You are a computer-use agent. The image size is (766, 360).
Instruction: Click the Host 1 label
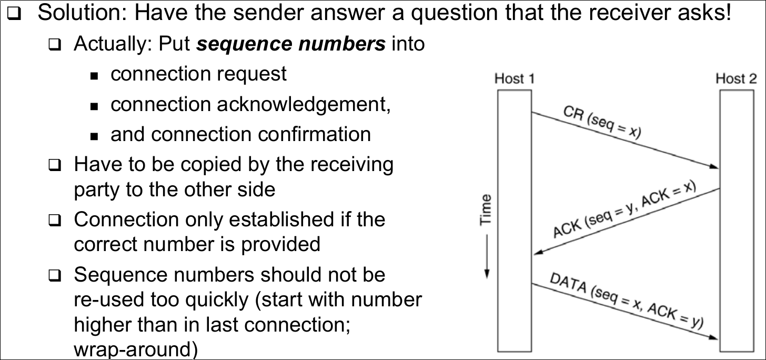coord(514,79)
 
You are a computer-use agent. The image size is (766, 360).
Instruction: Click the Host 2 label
coord(736,79)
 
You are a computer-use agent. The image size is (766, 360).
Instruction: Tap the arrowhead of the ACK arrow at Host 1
coord(538,253)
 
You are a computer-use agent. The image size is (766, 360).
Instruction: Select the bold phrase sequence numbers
coord(291,44)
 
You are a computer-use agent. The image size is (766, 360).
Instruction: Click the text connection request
coord(198,74)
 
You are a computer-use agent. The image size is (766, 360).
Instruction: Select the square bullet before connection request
coord(95,76)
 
